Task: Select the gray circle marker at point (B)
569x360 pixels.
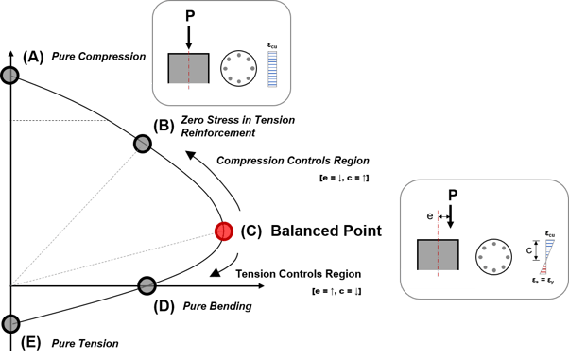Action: pyautogui.click(x=142, y=144)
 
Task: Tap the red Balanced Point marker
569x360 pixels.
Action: pyautogui.click(x=223, y=231)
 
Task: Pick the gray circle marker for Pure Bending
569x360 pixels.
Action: pyautogui.click(x=147, y=284)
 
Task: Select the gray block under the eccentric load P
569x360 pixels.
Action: pyautogui.click(x=438, y=255)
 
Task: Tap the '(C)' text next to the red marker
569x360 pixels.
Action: pyautogui.click(x=252, y=230)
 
